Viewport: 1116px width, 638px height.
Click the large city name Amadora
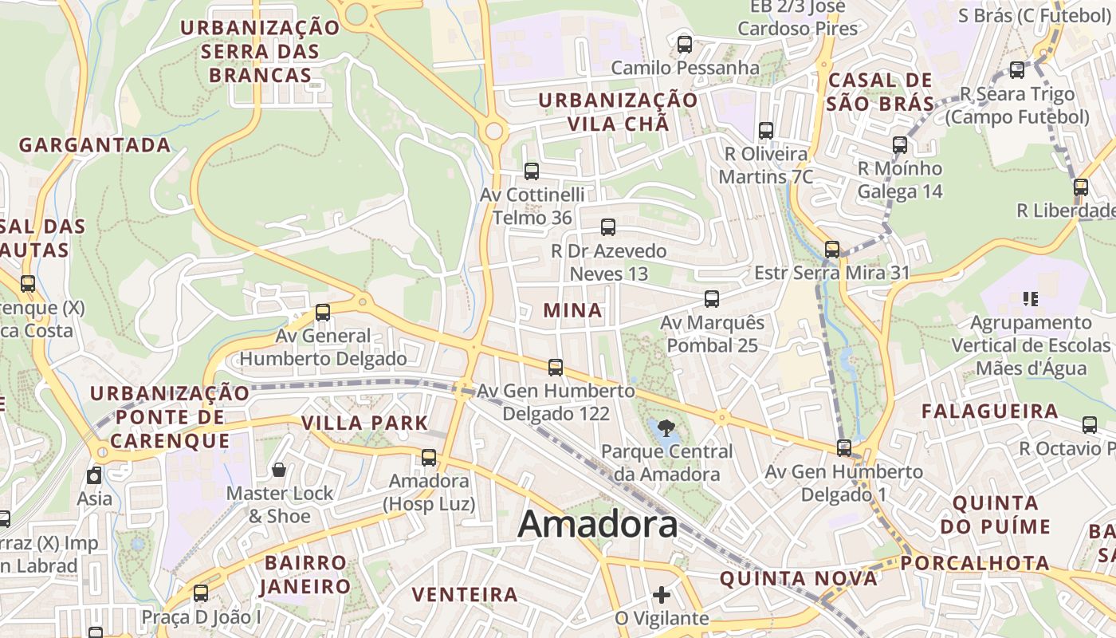(x=598, y=525)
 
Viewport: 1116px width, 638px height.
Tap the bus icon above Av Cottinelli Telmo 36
(x=532, y=171)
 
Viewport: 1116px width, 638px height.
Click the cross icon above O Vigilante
(x=662, y=594)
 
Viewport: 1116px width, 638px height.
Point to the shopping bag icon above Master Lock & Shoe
(x=279, y=470)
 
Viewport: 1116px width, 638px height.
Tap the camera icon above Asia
(x=95, y=476)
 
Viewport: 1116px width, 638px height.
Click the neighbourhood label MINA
(x=572, y=310)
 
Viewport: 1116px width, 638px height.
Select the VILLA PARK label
(x=365, y=423)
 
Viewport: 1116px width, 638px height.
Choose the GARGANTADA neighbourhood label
(x=95, y=145)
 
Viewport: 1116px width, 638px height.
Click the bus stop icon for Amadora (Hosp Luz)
(x=429, y=457)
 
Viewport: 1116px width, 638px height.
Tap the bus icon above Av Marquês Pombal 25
(x=712, y=299)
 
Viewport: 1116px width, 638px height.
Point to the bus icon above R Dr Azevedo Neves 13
(x=608, y=227)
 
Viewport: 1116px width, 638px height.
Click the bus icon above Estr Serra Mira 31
(x=832, y=250)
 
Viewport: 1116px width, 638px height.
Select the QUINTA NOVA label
(x=799, y=578)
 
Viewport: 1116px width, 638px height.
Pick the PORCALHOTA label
(x=976, y=563)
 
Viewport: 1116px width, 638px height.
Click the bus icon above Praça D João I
(x=201, y=593)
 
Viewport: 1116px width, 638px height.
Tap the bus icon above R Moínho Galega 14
(x=900, y=145)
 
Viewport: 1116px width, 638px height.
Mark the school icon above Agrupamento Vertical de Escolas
(x=1031, y=299)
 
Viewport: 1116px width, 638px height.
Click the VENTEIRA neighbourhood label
(x=466, y=594)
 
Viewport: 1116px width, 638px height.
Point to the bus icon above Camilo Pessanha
(x=685, y=45)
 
